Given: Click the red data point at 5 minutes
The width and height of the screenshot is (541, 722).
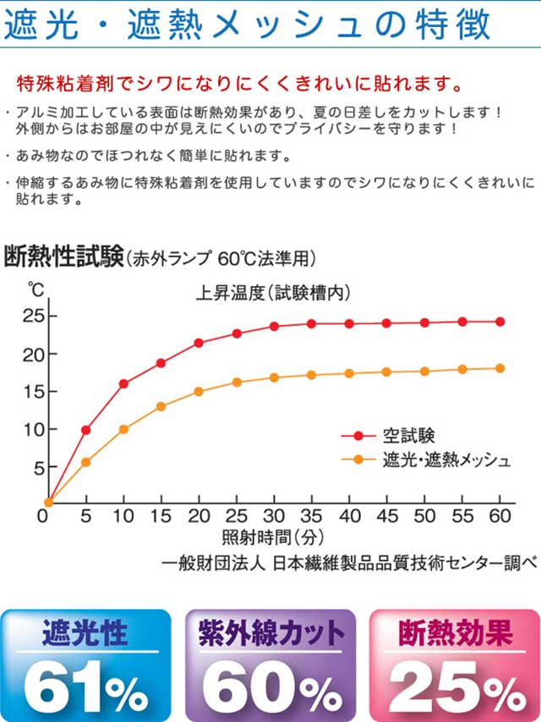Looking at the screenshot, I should click(x=85, y=430).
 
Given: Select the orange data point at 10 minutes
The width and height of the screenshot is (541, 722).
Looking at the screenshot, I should click(x=123, y=429).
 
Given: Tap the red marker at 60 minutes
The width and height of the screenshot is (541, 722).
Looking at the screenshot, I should click(x=500, y=322).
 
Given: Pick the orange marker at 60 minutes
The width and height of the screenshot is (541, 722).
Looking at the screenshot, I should click(x=500, y=368).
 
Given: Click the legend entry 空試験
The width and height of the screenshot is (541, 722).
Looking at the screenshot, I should click(x=407, y=436).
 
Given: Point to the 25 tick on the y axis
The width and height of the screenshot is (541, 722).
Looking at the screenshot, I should click(x=33, y=317).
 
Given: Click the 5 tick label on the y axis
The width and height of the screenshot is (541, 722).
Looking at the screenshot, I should click(x=38, y=466).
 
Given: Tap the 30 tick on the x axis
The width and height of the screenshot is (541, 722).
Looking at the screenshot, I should click(x=273, y=516).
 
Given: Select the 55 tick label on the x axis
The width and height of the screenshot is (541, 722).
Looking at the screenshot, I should click(x=462, y=516).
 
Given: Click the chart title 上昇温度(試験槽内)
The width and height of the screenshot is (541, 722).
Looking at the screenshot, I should click(x=273, y=294).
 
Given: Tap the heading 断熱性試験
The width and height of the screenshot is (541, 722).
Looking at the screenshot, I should click(x=63, y=256).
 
